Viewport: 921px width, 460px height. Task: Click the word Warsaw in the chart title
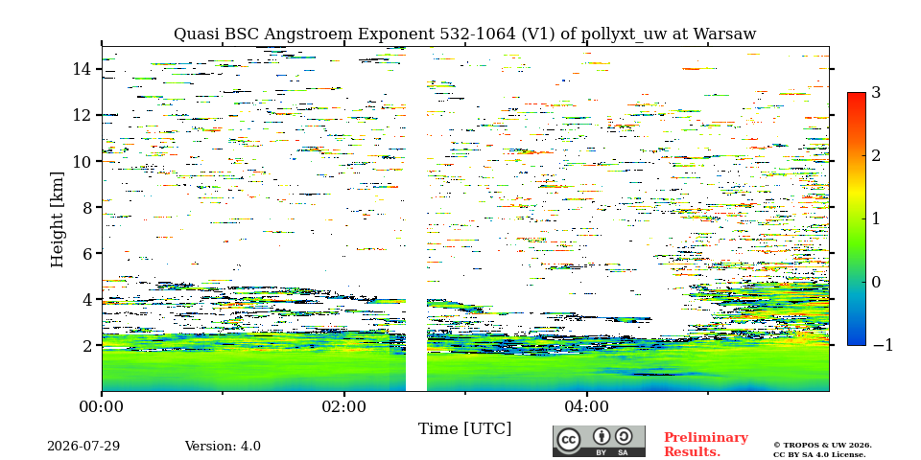coord(725,34)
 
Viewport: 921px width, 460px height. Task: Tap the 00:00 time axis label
coord(102,407)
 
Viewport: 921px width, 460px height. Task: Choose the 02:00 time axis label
coord(344,407)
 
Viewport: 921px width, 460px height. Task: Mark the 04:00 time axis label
coord(587,407)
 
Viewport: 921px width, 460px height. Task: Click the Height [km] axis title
coord(57,219)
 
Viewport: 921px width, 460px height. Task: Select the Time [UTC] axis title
coord(464,429)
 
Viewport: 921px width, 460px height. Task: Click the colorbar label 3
coord(876,93)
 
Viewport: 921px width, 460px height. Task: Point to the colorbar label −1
coord(883,345)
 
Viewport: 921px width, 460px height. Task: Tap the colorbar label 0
coord(876,282)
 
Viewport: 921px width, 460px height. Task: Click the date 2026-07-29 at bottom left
coord(83,447)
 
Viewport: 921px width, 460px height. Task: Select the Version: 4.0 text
coord(223,447)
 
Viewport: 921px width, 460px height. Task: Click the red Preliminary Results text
coord(706,445)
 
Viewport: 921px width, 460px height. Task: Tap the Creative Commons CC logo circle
coord(568,440)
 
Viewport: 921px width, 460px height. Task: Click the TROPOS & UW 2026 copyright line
coord(822,446)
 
